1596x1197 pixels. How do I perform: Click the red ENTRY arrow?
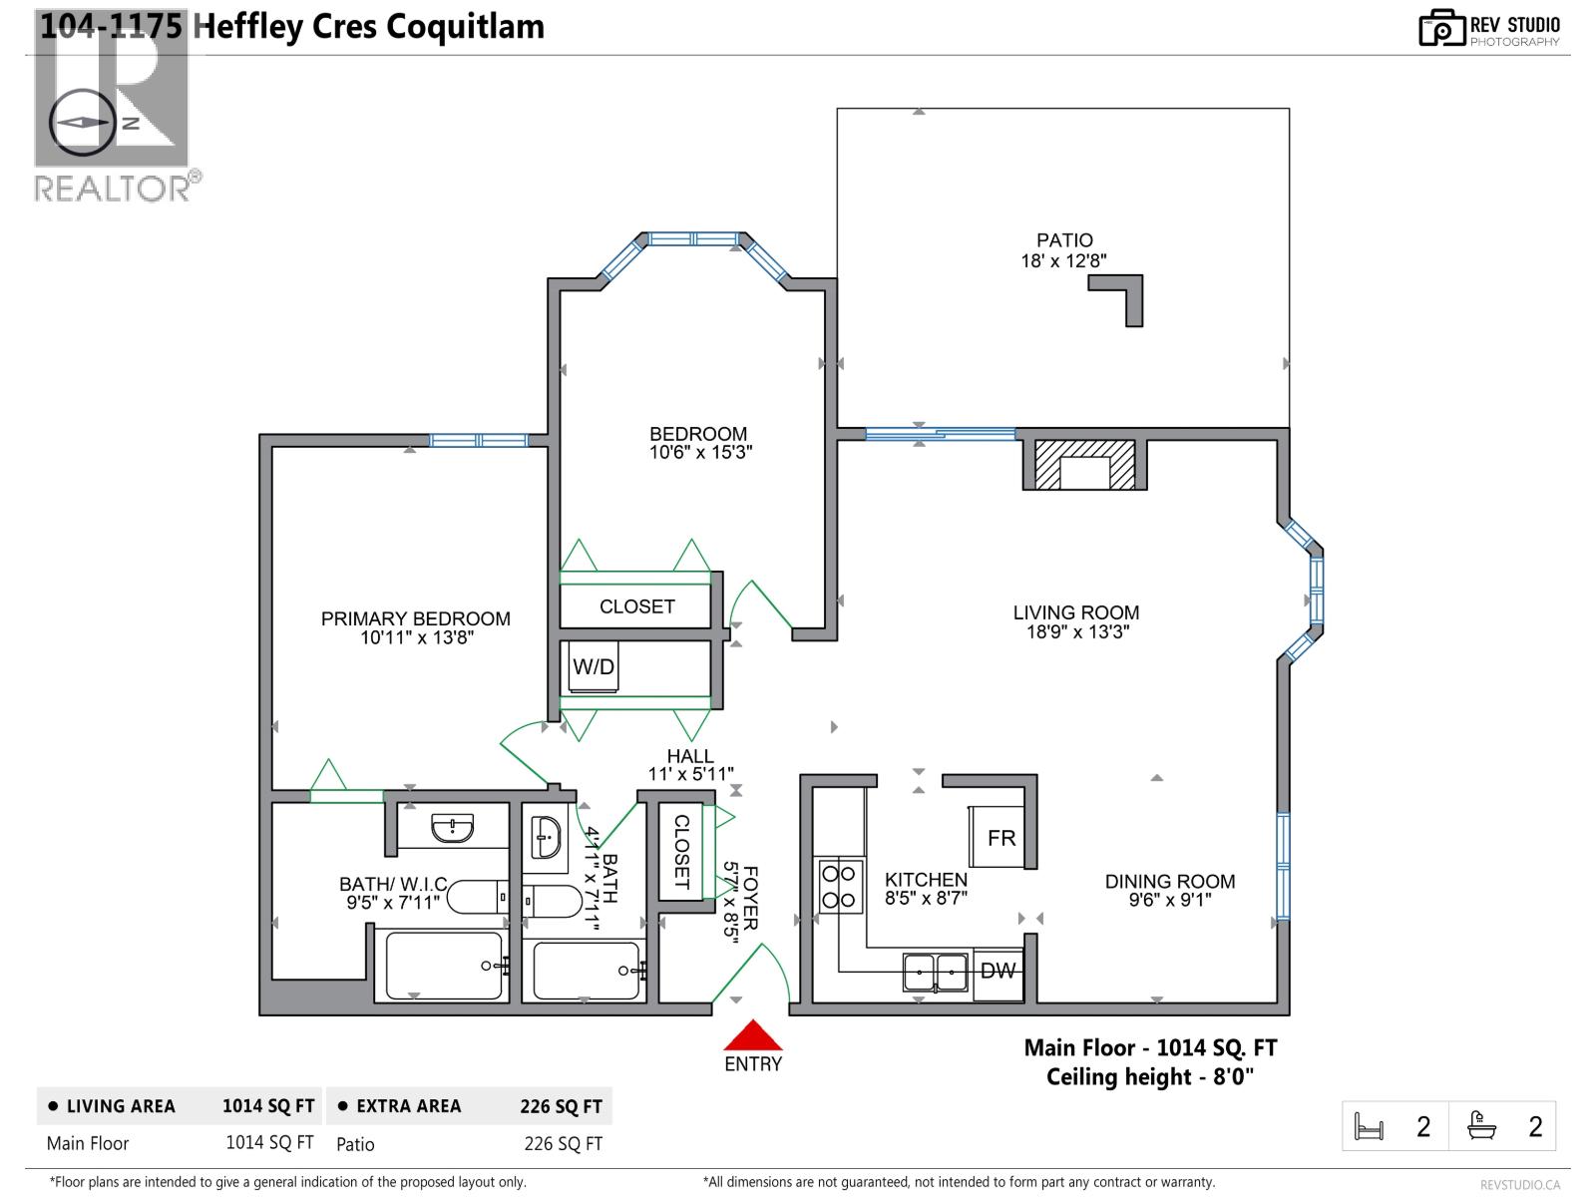(x=753, y=1035)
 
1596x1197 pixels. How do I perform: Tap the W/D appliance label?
(x=594, y=666)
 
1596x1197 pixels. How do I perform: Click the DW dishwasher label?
(x=997, y=970)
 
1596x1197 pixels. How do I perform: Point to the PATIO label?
(x=1064, y=240)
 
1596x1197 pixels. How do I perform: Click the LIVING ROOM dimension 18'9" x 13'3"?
(x=1077, y=631)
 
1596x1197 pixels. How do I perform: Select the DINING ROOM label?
(x=1170, y=881)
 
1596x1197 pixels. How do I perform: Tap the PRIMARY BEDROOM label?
(x=415, y=618)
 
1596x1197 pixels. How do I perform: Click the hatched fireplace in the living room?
(x=1084, y=466)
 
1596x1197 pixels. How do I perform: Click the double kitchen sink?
(x=935, y=971)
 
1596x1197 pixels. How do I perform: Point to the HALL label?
(x=690, y=756)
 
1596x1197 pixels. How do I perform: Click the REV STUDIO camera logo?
(x=1440, y=28)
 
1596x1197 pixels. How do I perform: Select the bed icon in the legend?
(x=1369, y=1127)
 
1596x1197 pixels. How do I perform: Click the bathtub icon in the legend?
(x=1481, y=1126)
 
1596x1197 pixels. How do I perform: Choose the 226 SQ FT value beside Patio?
(x=563, y=1144)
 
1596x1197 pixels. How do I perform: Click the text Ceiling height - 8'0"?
(x=1149, y=1077)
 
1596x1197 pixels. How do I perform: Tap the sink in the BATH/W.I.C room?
(x=452, y=828)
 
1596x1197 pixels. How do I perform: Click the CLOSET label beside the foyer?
(x=682, y=851)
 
